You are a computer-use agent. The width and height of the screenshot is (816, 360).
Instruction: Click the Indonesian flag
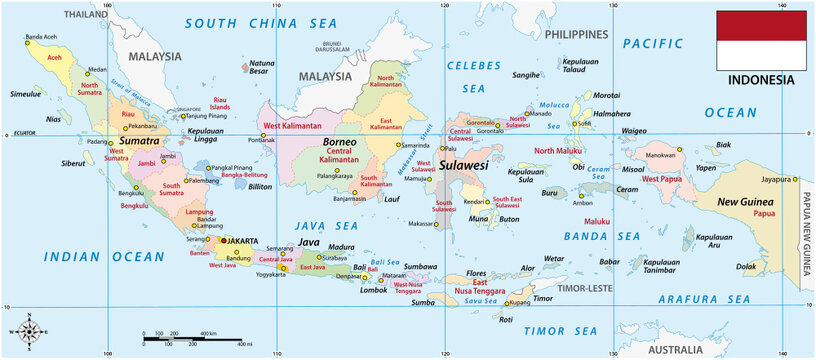tap(761, 39)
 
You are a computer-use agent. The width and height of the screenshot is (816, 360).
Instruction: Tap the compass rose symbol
tap(31, 331)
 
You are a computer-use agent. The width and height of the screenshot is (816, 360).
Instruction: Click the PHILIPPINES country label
tap(577, 33)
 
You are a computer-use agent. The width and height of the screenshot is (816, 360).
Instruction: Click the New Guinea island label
tap(748, 202)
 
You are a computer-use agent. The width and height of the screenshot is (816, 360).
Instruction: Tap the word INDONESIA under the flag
tap(761, 79)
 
